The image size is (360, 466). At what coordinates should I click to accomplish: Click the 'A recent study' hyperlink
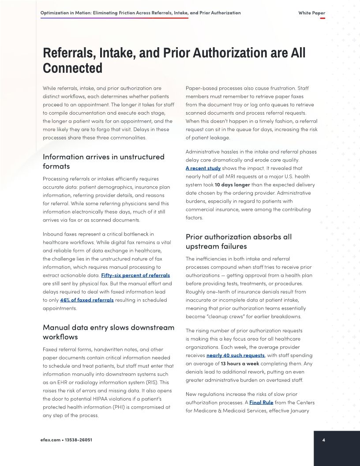(203, 168)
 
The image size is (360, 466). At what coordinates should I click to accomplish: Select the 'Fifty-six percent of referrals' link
(135, 275)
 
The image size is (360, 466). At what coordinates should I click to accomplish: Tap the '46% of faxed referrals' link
(87, 300)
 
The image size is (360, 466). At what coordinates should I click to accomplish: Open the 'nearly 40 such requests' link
(236, 355)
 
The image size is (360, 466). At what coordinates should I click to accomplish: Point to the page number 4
(323, 440)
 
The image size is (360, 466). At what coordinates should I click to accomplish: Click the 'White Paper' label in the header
(311, 13)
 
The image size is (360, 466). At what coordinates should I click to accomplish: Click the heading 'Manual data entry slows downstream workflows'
(108, 332)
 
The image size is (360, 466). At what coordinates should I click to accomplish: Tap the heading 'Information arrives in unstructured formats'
(103, 161)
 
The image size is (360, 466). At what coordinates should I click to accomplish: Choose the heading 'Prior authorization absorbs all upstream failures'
(238, 241)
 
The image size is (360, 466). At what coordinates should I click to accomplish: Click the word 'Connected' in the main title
(72, 68)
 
